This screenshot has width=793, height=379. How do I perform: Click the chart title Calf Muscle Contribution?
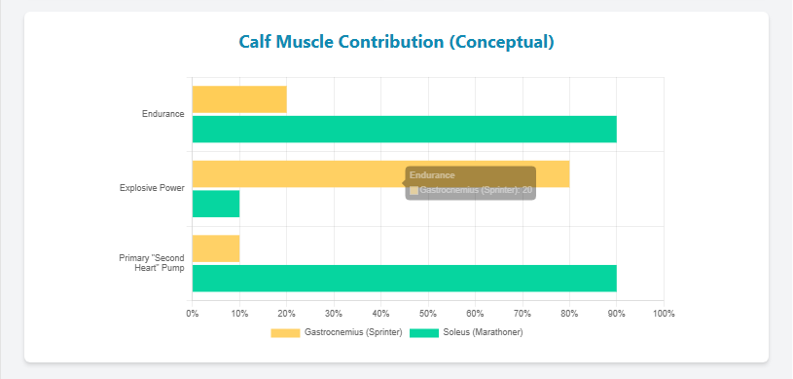click(x=396, y=42)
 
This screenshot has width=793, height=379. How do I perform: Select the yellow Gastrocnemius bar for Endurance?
click(x=239, y=99)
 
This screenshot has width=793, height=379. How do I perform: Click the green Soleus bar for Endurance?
click(x=404, y=129)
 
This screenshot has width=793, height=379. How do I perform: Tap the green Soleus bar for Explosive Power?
click(x=216, y=204)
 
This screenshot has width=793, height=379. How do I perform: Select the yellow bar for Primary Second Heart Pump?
click(x=216, y=248)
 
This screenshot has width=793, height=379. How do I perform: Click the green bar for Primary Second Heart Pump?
click(x=404, y=279)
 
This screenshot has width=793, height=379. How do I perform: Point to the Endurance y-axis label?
click(x=162, y=114)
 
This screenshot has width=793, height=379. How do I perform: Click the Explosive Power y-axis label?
click(x=152, y=188)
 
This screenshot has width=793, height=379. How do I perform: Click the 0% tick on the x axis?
click(x=193, y=313)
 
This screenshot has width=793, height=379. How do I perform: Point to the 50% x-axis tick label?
click(x=428, y=313)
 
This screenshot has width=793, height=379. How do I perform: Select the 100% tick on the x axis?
click(x=664, y=313)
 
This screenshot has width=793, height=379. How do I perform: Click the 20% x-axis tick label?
click(x=287, y=313)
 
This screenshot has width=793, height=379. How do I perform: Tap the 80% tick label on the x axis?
click(x=569, y=313)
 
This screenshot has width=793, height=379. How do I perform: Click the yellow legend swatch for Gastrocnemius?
click(x=285, y=332)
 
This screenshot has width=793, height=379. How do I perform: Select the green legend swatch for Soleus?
click(x=425, y=332)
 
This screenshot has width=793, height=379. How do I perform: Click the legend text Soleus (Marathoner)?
click(x=484, y=332)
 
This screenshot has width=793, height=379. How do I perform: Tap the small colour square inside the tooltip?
click(x=415, y=190)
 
